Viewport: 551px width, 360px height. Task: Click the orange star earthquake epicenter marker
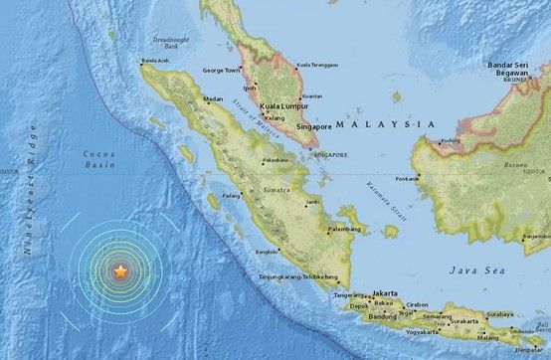tap(120, 270)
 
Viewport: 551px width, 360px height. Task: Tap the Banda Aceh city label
tap(165, 62)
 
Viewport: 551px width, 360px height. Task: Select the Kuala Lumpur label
tap(279, 104)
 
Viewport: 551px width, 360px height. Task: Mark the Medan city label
tap(212, 99)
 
